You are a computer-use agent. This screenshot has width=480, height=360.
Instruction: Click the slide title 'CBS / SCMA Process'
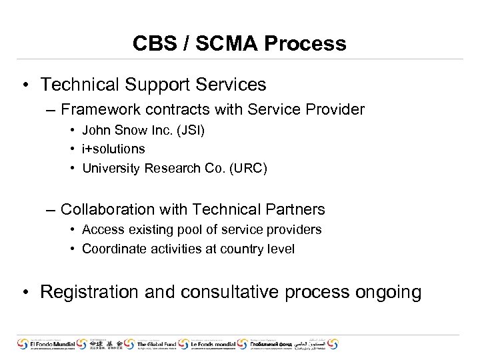click(x=239, y=43)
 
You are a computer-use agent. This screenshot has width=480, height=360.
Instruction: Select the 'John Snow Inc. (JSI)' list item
click(x=143, y=131)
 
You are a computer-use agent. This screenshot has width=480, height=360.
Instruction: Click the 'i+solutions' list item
click(x=113, y=149)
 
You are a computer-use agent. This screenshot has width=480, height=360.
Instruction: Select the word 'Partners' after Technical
click(x=294, y=209)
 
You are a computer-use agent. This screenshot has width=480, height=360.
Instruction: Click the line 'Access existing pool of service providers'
click(x=201, y=229)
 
